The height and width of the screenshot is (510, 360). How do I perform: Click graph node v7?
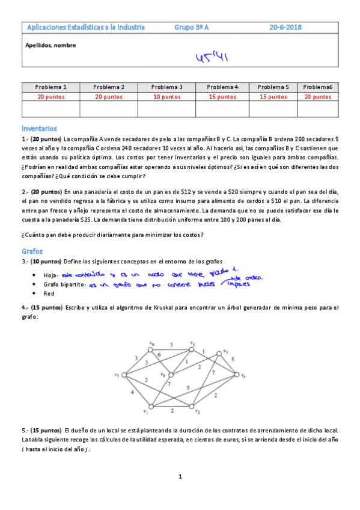(124, 375)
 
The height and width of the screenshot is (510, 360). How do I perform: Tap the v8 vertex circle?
(171, 375)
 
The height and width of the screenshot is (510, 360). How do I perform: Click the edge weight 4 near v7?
(133, 393)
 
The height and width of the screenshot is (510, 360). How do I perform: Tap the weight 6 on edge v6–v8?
(159, 355)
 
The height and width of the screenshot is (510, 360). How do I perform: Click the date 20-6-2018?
(285, 27)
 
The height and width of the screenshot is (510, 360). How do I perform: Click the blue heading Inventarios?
(39, 128)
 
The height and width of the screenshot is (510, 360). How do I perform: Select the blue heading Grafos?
(32, 251)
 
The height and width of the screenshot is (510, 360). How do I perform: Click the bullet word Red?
(49, 293)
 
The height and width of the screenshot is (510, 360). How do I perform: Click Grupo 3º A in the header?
(191, 27)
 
